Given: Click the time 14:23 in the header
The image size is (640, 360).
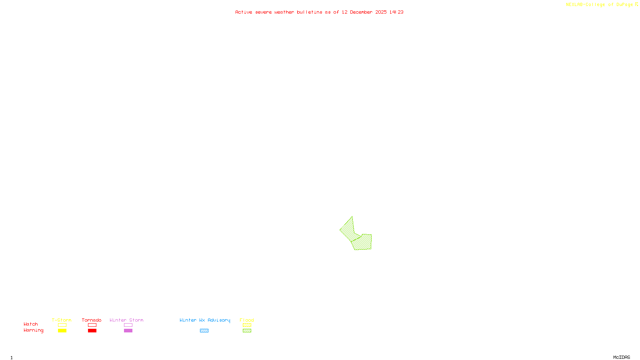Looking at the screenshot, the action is tap(396, 12).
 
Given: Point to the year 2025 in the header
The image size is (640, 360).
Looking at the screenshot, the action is tap(381, 12).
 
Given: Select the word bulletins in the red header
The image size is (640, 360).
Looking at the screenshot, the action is tap(310, 12).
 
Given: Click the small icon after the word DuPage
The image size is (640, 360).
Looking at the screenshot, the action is tap(636, 4).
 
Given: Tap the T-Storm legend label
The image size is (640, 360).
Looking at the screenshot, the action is tap(62, 320).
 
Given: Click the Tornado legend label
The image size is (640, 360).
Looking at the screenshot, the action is tap(92, 320).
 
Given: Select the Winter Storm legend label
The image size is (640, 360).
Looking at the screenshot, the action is tap(126, 320).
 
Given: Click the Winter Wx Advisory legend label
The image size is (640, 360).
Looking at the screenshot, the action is tap(205, 320).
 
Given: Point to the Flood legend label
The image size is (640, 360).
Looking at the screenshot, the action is tap(247, 320).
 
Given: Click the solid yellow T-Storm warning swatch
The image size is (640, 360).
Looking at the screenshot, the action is tap(62, 331).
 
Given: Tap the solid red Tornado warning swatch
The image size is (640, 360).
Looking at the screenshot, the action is tap(92, 331).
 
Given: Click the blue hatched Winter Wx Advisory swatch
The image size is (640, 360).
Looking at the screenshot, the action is tap(204, 331).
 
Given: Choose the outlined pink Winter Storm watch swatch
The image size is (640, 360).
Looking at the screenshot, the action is tap(128, 325).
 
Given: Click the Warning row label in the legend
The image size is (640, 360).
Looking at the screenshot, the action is tap(33, 330).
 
